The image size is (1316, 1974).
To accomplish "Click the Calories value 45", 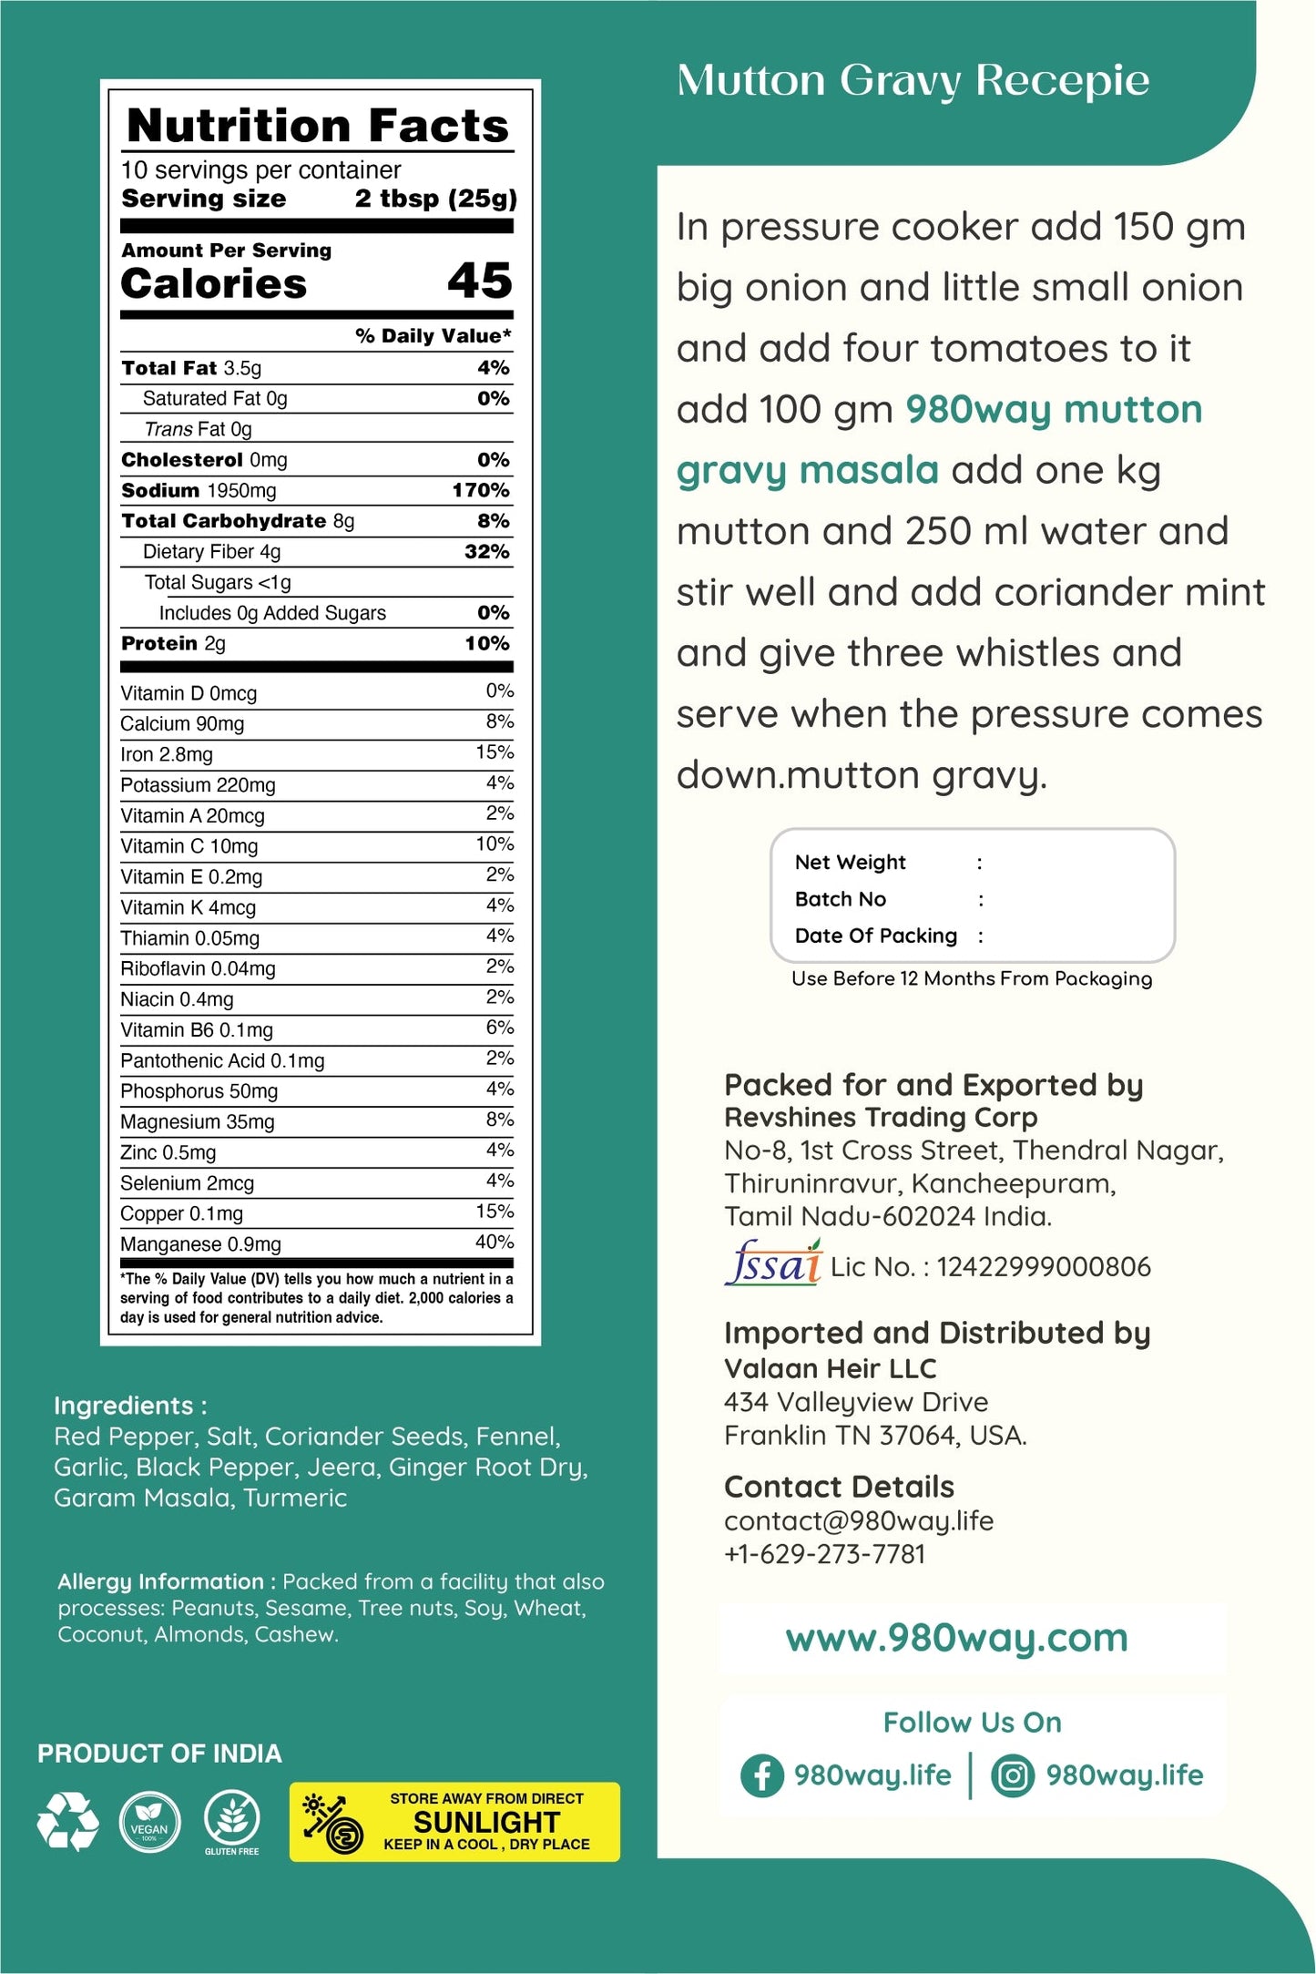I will (x=479, y=281).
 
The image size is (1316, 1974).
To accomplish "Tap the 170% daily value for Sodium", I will (x=481, y=491).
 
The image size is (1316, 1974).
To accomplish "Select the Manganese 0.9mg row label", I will (x=200, y=1244).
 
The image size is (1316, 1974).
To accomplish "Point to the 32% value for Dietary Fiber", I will (x=486, y=552).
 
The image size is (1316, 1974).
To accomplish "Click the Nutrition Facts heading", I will (x=318, y=126).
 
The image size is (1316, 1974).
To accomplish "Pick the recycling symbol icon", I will (x=67, y=1821).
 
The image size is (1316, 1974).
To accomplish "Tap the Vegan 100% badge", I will (x=149, y=1821).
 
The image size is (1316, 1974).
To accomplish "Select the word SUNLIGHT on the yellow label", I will (x=486, y=1821).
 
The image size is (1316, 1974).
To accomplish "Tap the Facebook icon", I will (x=762, y=1775).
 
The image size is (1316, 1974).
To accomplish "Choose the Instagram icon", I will (x=1013, y=1775).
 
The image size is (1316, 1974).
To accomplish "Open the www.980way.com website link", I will (x=956, y=1638).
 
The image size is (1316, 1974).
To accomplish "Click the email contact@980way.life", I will (x=859, y=1520).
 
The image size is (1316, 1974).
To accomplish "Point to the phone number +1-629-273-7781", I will (x=824, y=1554).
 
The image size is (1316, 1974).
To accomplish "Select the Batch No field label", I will (x=840, y=899).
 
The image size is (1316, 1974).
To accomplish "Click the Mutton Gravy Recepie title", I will (x=913, y=81).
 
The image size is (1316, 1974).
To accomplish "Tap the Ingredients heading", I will (x=130, y=1406).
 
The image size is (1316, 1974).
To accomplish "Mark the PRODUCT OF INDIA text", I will (x=159, y=1754).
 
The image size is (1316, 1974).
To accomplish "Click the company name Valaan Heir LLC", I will (x=830, y=1368).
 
